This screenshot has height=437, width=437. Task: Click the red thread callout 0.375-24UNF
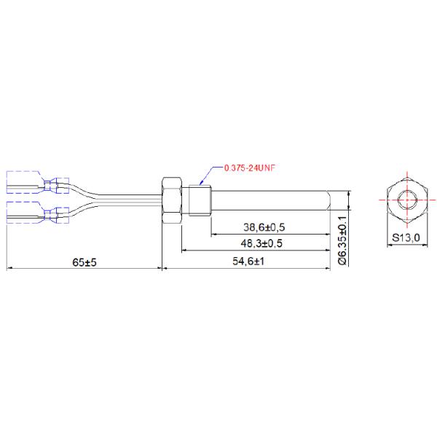click(x=249, y=168)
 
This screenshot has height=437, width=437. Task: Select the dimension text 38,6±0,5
click(x=264, y=227)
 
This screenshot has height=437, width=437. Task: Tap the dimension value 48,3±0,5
click(x=261, y=243)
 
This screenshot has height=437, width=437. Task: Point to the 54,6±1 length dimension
click(x=248, y=261)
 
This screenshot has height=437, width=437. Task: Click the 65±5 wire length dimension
click(x=84, y=262)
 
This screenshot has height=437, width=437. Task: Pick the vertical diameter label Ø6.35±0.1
click(x=342, y=240)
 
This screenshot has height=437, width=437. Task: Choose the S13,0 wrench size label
click(x=406, y=237)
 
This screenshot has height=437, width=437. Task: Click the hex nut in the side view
click(x=172, y=200)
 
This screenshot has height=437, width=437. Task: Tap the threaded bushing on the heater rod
click(x=200, y=200)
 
